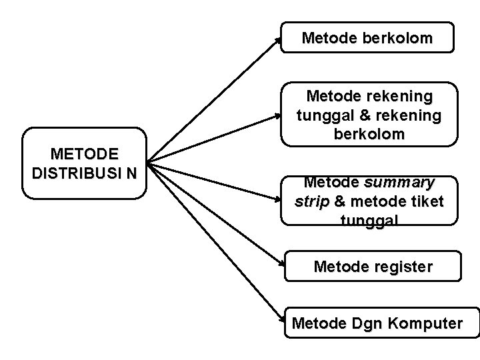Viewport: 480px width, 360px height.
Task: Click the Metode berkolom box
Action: click(367, 37)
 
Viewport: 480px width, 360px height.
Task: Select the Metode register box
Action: click(373, 267)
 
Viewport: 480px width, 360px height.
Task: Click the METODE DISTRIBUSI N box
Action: click(84, 163)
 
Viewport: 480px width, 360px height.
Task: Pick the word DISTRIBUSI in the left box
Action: click(77, 173)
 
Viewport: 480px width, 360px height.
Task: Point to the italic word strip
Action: click(312, 201)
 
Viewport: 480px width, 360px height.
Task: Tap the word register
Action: click(402, 267)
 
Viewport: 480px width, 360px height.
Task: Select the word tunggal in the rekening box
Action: click(323, 116)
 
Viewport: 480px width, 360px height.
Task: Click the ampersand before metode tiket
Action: click(339, 201)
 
